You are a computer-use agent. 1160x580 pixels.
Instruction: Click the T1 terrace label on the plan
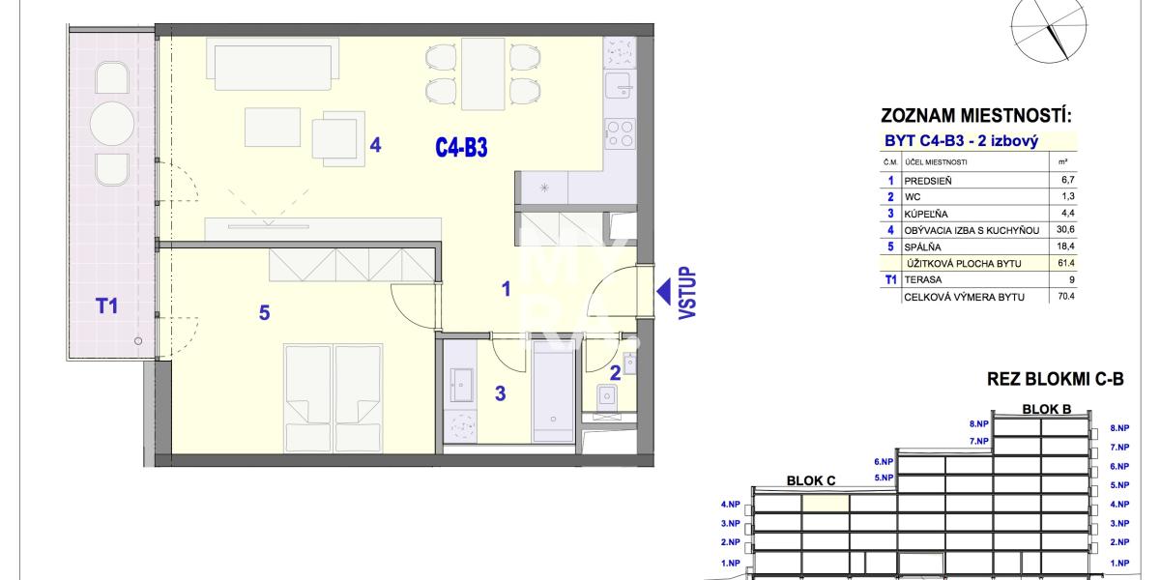106,306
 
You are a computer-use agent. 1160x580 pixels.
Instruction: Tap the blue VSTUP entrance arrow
664,292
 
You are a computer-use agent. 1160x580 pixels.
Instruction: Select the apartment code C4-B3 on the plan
461,148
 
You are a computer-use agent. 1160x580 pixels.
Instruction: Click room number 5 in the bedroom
264,313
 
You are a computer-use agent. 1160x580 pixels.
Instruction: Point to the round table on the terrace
112,124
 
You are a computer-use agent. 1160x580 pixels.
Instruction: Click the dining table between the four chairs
482,73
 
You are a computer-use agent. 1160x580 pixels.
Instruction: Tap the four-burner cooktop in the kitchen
621,133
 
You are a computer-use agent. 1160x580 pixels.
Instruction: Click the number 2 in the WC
615,373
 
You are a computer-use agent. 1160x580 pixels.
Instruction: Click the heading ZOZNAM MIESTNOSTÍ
976,115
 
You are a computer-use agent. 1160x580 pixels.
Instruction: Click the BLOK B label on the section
1047,409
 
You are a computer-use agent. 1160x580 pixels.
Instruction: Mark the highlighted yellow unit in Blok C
826,504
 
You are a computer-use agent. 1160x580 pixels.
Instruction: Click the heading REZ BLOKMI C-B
1056,379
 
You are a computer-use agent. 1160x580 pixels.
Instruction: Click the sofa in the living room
273,65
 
